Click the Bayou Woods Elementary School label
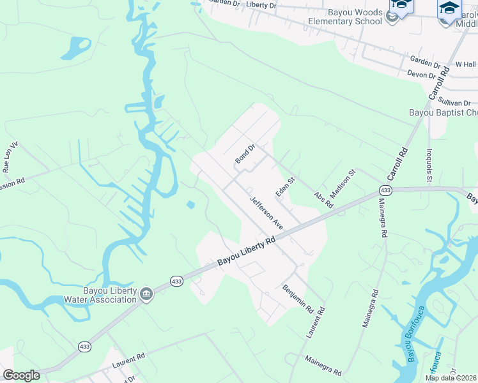click(344, 17)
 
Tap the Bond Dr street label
click(245, 153)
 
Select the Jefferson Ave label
click(266, 213)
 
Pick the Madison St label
click(342, 184)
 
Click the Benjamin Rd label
click(297, 298)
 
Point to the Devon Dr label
click(421, 73)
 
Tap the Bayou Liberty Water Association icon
click(147, 294)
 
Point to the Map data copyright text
click(451, 378)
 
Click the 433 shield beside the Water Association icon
click(177, 281)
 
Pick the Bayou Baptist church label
click(443, 113)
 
